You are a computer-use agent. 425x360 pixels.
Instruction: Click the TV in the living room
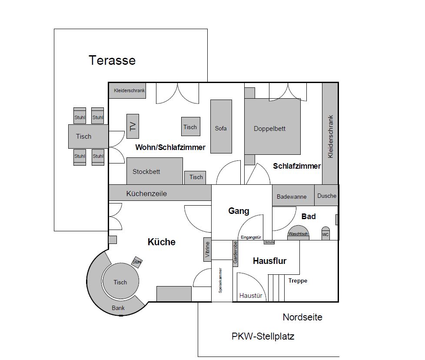tap(133, 126)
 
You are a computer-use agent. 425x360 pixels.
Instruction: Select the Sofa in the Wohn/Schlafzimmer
tap(221, 127)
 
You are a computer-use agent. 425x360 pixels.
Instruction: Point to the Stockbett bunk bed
tap(154, 171)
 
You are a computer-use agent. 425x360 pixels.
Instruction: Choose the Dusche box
tap(326, 195)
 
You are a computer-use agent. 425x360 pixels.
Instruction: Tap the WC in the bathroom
tap(325, 233)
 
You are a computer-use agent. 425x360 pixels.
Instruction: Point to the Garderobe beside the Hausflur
tap(235, 253)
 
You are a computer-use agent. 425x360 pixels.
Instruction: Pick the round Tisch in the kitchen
tap(120, 282)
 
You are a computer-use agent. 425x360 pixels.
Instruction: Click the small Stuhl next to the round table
tap(137, 261)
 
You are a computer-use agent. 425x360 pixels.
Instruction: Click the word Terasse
tap(112, 60)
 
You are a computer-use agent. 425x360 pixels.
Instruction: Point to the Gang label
tap(239, 211)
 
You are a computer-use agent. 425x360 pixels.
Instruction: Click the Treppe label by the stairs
tap(298, 280)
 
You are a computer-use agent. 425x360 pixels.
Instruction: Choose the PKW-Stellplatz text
tap(263, 336)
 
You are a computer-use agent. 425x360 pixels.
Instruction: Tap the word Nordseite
tap(302, 317)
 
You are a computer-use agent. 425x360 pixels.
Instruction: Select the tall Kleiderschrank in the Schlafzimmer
tap(330, 133)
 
